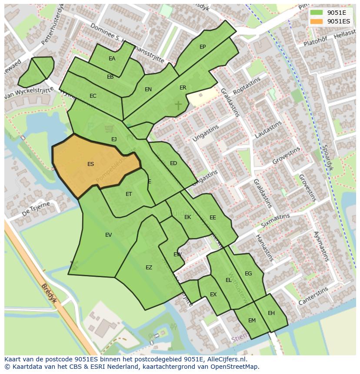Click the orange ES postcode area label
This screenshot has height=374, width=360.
[x=90, y=164]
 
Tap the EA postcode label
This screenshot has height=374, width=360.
[x=112, y=59]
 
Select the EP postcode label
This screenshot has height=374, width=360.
[x=203, y=47]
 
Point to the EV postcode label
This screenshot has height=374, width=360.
[x=109, y=235]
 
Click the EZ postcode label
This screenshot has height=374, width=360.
[x=149, y=268]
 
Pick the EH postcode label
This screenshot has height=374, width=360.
[x=271, y=313]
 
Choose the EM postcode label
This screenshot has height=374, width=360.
[x=252, y=321]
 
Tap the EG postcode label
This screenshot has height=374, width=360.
[x=248, y=274]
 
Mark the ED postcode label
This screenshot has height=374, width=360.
[x=173, y=163]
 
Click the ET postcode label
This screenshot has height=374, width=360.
[x=129, y=194]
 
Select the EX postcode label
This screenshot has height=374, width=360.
[x=213, y=295]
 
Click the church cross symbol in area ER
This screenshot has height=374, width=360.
[x=178, y=105]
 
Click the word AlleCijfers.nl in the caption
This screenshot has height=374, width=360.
[x=226, y=359]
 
